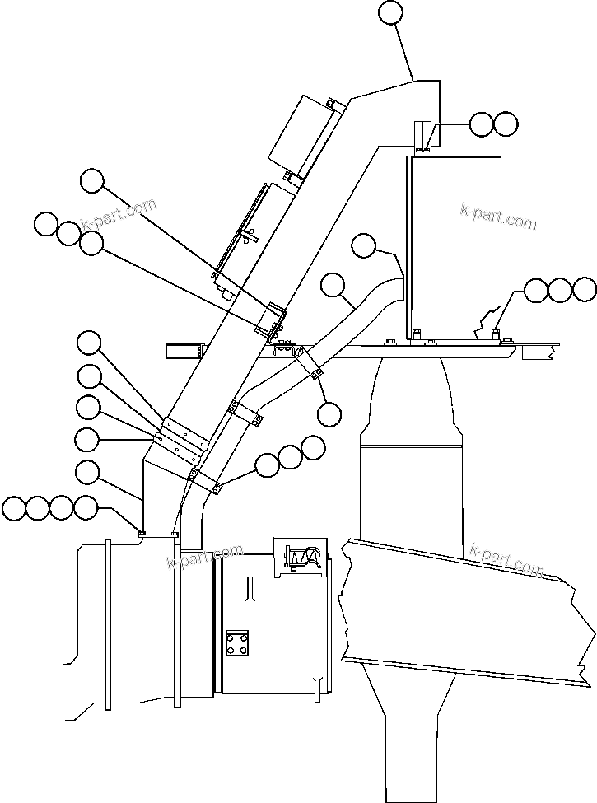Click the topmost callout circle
pos(391,12)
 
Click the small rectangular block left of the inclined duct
pos(184,351)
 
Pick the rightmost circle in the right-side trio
pos(584,289)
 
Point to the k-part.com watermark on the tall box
pos(498,217)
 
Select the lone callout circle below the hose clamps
pos(329,414)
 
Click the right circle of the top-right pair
pos(506,124)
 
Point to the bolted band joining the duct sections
pos(183,437)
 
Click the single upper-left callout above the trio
pos(92,180)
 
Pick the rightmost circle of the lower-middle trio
pos(314,447)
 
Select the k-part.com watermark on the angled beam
pos(506,558)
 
